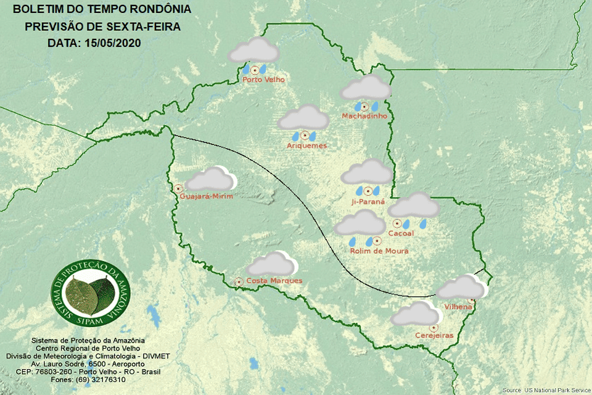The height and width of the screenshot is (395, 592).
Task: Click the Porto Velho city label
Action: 263,80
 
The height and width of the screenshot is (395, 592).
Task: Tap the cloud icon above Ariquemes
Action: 303,117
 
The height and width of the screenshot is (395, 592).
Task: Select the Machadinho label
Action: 364,116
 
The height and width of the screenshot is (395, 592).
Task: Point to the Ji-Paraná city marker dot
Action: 368,191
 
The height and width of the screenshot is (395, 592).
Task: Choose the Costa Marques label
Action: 274,281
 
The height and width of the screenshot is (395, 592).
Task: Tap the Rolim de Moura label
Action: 379,251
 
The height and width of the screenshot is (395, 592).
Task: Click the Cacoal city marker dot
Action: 397,223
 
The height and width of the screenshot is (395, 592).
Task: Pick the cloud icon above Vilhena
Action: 462,288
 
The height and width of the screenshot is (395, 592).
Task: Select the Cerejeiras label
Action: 434,335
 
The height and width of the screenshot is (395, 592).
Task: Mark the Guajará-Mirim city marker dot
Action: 178,188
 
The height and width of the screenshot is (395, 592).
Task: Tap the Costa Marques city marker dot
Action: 239,281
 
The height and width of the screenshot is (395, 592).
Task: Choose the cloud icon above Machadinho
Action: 366,88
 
